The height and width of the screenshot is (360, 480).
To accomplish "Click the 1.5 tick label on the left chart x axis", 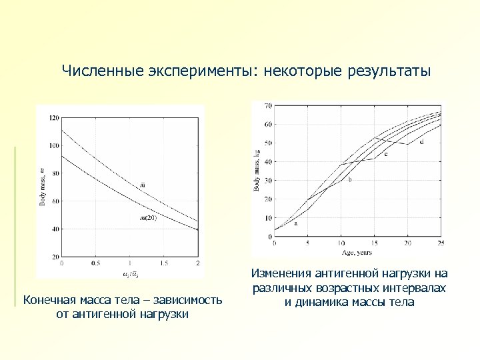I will pyautogui.click(x=164, y=263).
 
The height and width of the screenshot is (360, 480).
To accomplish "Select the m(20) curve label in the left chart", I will pyautogui.click(x=148, y=217).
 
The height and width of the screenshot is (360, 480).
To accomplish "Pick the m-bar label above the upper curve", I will pyautogui.click(x=142, y=185).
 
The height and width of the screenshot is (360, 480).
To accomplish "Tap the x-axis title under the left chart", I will pyautogui.click(x=130, y=273).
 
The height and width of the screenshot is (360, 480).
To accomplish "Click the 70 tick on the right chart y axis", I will pyautogui.click(x=268, y=105).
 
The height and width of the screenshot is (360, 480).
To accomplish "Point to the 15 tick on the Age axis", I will pyautogui.click(x=374, y=243).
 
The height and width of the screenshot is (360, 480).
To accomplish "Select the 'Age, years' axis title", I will pyautogui.click(x=357, y=252).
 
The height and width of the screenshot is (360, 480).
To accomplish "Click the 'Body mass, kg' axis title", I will pyautogui.click(x=258, y=171).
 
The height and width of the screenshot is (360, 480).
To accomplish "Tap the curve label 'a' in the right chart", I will pyautogui.click(x=296, y=223).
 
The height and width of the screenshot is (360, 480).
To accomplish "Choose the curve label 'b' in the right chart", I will pyautogui.click(x=350, y=179).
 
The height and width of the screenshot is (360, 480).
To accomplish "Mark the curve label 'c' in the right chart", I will pyautogui.click(x=385, y=154).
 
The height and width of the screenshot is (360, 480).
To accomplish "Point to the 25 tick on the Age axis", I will pyautogui.click(x=441, y=243).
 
